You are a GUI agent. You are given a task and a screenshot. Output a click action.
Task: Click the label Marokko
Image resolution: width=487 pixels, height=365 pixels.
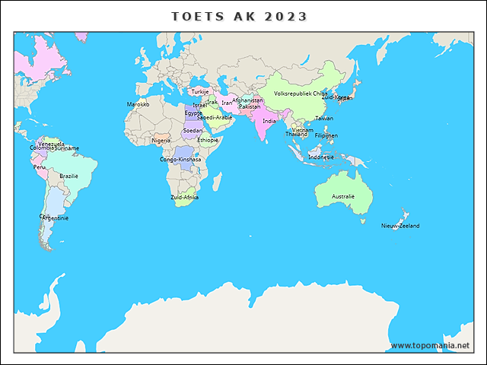[138, 104]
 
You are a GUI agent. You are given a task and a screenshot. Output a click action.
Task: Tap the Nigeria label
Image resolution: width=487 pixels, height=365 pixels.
[161, 140]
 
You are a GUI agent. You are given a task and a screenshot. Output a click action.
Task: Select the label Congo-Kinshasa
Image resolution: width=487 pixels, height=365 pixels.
[180, 160]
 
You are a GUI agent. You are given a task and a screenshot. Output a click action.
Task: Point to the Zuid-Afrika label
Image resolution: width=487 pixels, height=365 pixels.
[185, 197]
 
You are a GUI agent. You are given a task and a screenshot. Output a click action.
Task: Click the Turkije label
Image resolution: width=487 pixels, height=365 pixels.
[200, 91]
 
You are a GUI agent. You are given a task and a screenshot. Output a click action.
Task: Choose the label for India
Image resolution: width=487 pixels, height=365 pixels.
[269, 121]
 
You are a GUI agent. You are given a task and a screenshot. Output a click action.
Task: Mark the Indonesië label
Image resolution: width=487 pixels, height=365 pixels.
[320, 157]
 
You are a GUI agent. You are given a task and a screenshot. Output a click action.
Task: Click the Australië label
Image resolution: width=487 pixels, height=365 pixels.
[343, 196]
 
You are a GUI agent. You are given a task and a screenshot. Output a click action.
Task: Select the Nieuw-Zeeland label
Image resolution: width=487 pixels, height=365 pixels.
[400, 226]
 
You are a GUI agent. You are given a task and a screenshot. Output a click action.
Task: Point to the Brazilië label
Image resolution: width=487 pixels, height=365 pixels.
[69, 176]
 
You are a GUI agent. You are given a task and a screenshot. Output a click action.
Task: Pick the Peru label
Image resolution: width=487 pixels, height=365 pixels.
[39, 167]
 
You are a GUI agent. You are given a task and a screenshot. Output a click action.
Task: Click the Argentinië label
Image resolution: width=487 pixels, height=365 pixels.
[55, 218]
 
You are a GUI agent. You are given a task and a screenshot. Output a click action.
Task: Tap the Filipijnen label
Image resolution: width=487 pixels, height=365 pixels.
[326, 135]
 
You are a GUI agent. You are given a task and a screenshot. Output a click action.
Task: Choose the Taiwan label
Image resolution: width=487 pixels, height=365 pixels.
[324, 118]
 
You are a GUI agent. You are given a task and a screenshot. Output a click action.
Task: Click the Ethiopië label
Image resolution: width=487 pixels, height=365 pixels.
[208, 140]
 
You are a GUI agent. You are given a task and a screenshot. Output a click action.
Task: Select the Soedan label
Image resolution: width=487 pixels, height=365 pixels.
[193, 131]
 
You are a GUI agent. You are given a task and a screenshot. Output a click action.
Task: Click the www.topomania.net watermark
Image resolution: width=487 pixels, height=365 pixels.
[430, 345]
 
